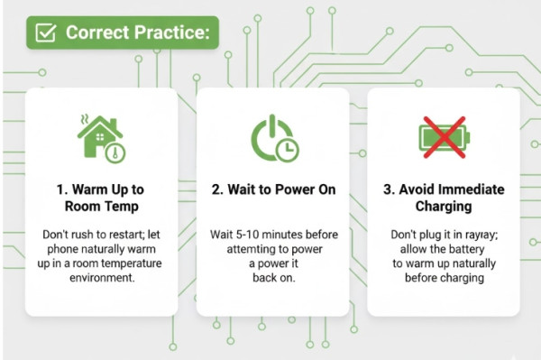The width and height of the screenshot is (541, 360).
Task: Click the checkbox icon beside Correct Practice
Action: [x=45, y=32]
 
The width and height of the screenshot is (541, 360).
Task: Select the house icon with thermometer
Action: [x=101, y=139]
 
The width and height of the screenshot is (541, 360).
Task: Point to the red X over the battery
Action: [x=445, y=137]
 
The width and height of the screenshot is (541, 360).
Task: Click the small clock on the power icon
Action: [x=287, y=150]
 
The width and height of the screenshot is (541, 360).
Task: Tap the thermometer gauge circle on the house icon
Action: [x=115, y=152]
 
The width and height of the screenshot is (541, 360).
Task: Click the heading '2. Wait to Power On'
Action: [x=273, y=189]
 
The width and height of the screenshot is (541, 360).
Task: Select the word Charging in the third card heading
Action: [x=444, y=207]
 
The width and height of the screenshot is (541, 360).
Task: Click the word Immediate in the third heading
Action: [x=469, y=189]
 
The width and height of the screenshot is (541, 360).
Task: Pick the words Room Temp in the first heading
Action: [x=102, y=207]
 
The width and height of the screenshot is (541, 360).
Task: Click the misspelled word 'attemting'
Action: [x=251, y=249]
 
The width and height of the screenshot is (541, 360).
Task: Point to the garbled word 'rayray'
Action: [x=481, y=235]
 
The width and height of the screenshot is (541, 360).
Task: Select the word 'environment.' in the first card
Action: [x=102, y=278]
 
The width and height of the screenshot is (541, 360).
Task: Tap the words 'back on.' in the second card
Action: [x=274, y=278]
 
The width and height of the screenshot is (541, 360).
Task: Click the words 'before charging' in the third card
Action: [x=445, y=278]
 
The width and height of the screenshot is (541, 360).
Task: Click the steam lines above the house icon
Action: [x=84, y=119]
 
